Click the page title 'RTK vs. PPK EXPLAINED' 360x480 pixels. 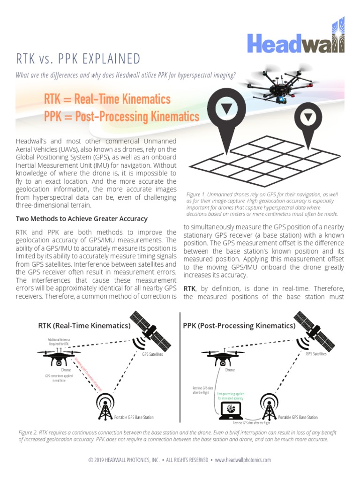[78, 59]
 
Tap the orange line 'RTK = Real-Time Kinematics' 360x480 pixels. [107, 99]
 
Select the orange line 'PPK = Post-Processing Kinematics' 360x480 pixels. [121, 116]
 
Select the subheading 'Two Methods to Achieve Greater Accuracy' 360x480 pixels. [82, 219]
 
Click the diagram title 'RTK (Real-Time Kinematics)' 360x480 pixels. [84, 326]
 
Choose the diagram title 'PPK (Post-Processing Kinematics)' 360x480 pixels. [239, 326]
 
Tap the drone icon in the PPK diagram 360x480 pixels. [225, 357]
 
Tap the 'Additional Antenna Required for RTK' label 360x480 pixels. [58, 342]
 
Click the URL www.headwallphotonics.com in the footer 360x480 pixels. [243, 460]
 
